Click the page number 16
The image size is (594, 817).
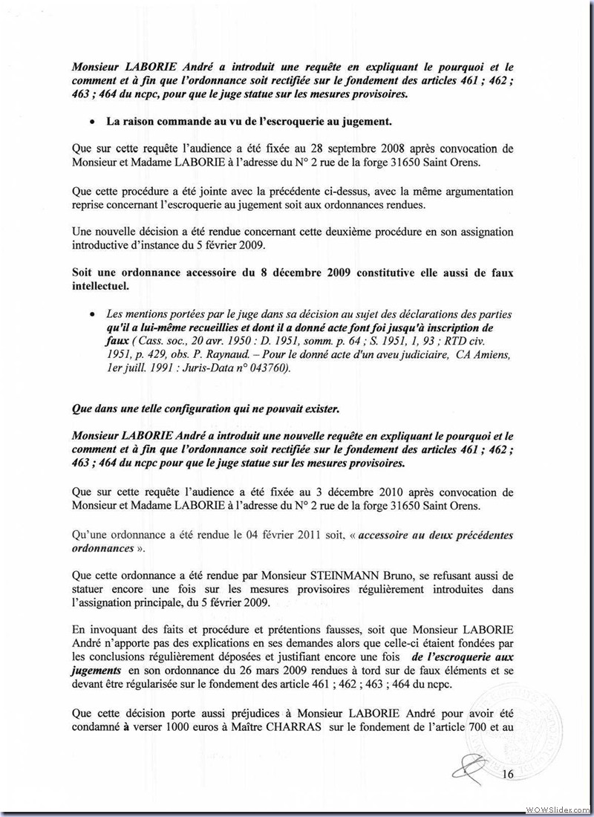[508, 775]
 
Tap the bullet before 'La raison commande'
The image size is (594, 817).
[91, 120]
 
